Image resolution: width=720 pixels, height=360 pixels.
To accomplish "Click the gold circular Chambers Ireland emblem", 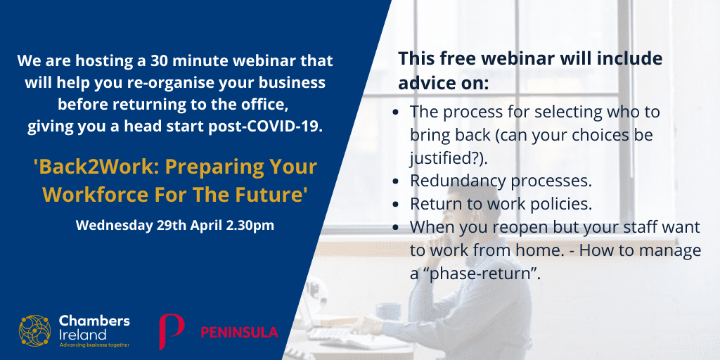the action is click(x=35, y=330).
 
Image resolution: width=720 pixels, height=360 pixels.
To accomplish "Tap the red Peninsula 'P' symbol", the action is click(x=172, y=331).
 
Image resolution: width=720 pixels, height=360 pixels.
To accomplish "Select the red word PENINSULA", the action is click(x=239, y=332).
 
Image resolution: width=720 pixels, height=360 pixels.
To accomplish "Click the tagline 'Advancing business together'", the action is click(x=95, y=345).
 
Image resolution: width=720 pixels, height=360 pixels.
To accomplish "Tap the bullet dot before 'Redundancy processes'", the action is click(x=396, y=181).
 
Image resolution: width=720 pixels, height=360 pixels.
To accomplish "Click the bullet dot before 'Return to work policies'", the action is click(x=396, y=205).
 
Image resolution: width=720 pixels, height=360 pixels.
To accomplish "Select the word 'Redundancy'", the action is click(x=459, y=181).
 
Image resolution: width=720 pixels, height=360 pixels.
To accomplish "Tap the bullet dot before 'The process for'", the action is click(x=396, y=112).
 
